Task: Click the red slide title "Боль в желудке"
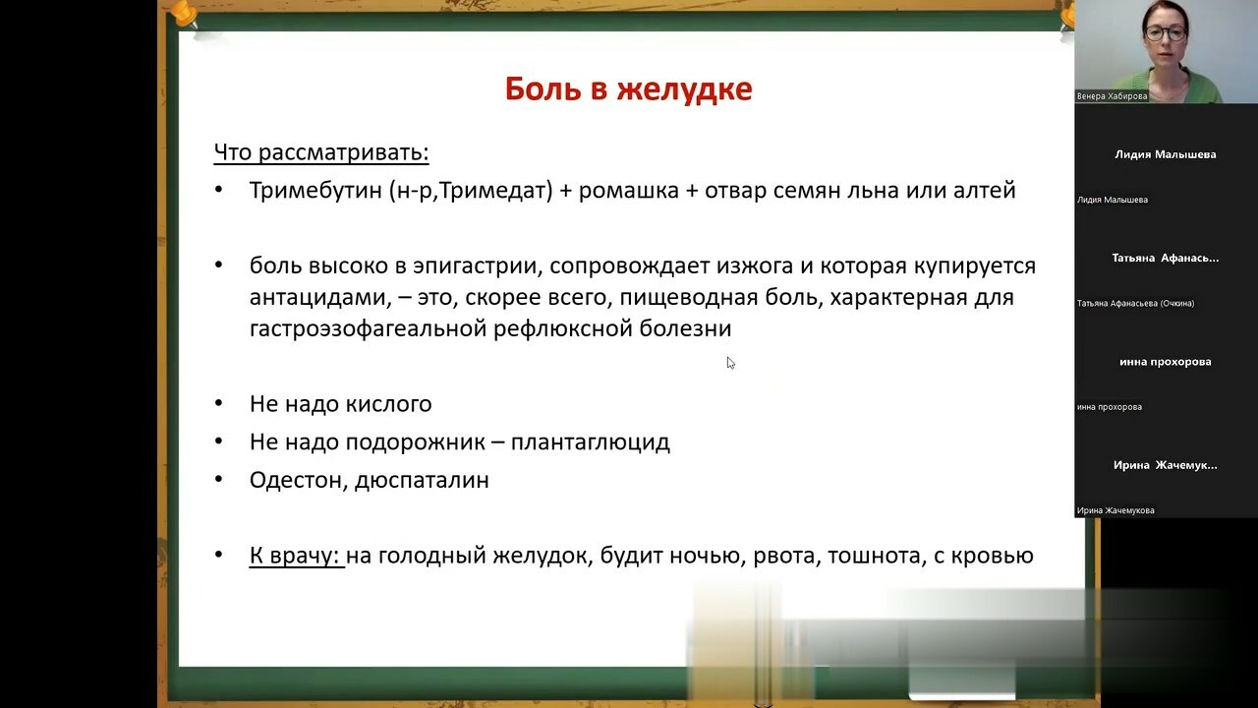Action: (x=628, y=88)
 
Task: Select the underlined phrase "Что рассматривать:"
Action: (x=321, y=152)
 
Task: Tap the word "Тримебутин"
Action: (x=315, y=191)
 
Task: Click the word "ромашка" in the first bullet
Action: (x=628, y=192)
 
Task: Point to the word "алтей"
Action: (x=985, y=191)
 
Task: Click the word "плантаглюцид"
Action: (x=591, y=442)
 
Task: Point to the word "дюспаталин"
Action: (x=422, y=481)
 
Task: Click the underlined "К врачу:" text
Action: (x=296, y=556)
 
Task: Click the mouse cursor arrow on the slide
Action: (x=730, y=363)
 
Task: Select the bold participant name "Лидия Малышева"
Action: (x=1166, y=154)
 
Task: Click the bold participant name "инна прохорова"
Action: (x=1166, y=362)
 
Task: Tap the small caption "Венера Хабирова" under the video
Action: (x=1112, y=96)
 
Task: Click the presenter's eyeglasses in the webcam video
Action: (x=1166, y=32)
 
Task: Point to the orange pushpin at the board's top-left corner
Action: (x=186, y=14)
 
